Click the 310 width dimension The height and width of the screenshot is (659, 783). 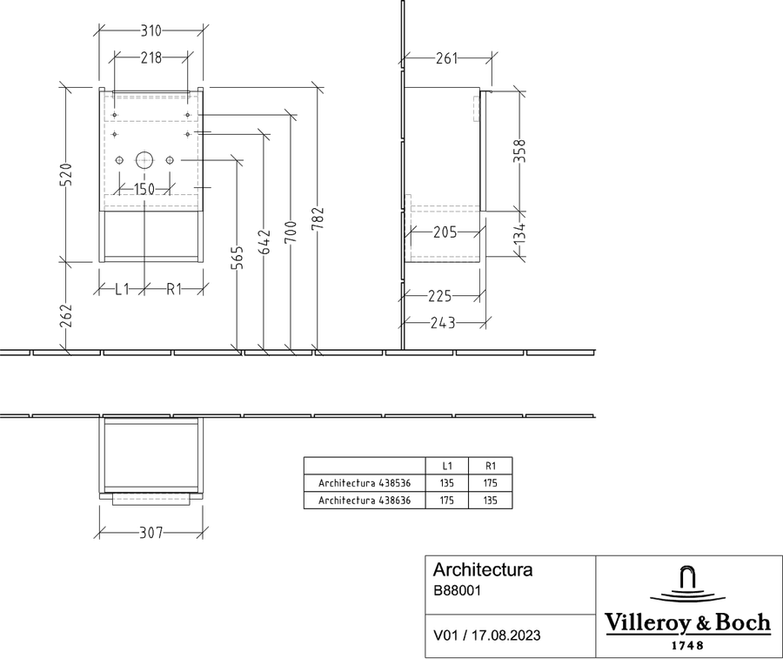point(151,31)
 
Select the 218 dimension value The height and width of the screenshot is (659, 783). point(151,58)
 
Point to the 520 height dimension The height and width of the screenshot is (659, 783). point(66,174)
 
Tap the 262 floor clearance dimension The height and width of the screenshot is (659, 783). point(66,316)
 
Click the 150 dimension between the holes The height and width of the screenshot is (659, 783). point(144,190)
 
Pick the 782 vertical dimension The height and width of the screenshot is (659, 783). point(318,219)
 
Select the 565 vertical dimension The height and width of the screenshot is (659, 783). point(238,258)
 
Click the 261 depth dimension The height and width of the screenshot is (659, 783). point(446,58)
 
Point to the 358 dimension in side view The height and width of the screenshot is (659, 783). point(520,151)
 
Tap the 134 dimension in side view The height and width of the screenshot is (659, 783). point(520,233)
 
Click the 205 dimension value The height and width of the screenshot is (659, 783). point(445,232)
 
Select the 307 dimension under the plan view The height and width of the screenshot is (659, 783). point(151,533)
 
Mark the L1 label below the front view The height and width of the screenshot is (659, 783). point(122,289)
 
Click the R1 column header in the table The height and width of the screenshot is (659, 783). point(491,466)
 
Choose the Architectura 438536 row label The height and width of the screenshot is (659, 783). point(365,483)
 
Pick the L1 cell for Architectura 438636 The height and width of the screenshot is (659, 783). point(446,500)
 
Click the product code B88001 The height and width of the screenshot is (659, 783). point(457,590)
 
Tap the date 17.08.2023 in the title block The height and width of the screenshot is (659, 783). point(505,635)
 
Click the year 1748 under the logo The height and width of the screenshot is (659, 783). point(687,646)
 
